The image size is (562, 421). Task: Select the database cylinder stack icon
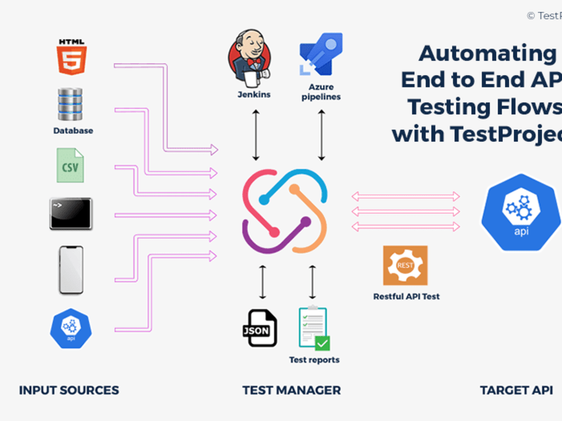(x=70, y=104)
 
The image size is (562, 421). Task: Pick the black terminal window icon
(x=71, y=214)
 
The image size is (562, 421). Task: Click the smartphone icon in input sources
(x=71, y=270)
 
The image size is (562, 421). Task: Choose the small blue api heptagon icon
(x=71, y=328)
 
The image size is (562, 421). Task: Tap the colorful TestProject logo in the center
(x=284, y=210)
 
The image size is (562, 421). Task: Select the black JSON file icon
(x=259, y=328)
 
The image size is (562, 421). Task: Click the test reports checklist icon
(x=313, y=329)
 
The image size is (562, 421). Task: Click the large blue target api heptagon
(x=520, y=212)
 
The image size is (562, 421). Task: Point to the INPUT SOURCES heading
(x=69, y=390)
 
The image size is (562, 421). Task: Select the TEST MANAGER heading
(x=291, y=390)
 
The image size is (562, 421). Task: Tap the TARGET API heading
(x=516, y=390)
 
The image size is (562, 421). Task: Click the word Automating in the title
(x=487, y=54)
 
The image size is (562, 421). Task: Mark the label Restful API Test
(x=406, y=296)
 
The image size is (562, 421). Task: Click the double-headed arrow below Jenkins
(x=256, y=135)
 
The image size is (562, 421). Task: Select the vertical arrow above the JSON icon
(x=262, y=282)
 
